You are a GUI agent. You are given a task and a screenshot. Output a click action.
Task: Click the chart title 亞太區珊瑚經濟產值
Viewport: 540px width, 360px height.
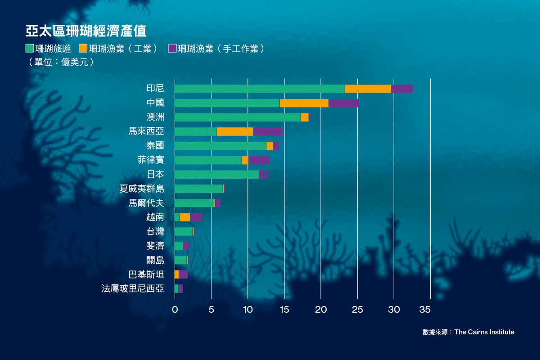[86, 31]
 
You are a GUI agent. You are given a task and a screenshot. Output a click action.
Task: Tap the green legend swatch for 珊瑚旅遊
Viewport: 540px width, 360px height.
[29, 48]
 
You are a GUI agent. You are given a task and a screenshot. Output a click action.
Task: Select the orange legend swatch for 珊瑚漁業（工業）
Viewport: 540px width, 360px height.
[83, 48]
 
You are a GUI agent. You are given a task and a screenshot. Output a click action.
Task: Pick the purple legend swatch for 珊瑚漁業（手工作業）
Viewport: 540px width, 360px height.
[172, 48]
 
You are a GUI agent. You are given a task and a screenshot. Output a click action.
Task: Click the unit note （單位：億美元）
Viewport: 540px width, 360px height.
[61, 62]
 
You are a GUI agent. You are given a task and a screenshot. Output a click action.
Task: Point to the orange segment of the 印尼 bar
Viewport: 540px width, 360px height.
[368, 89]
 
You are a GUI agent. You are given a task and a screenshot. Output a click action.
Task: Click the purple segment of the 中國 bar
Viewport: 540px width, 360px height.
[343, 103]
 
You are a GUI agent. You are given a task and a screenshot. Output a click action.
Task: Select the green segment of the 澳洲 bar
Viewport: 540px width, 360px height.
[237, 117]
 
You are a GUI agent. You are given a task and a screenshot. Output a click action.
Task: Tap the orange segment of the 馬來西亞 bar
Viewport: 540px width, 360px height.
[234, 131]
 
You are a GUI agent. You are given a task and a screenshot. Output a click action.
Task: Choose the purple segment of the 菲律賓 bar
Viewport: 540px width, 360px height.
[259, 160]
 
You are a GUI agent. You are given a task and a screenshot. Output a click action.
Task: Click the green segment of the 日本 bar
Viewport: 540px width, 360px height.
[216, 175]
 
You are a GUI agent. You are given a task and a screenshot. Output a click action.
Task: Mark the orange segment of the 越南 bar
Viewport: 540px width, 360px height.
[184, 217]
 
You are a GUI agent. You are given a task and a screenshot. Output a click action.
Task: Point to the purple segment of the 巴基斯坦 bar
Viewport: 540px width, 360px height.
[183, 274]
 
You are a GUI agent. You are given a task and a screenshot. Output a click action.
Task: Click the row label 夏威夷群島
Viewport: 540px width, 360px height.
[142, 189]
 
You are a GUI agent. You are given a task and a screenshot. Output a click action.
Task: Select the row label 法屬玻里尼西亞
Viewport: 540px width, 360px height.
[133, 289]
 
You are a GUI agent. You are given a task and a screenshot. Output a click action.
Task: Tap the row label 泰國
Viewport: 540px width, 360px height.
[155, 146]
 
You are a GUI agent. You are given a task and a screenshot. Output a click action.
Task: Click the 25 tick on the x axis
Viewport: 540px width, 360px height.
[357, 310]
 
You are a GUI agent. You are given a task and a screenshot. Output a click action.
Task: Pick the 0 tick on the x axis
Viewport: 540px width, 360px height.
[175, 310]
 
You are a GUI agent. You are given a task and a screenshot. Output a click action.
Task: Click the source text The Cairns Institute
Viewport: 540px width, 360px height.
[484, 332]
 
